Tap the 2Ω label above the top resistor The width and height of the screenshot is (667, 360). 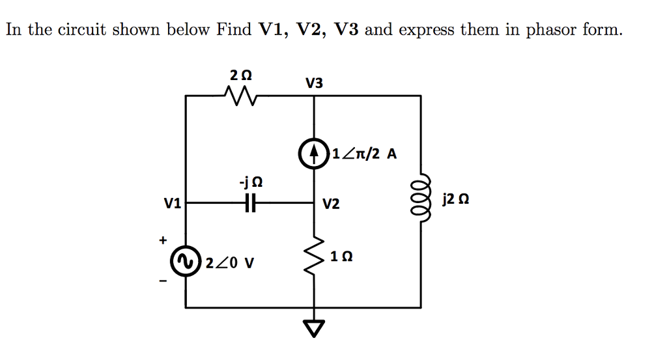click(x=240, y=75)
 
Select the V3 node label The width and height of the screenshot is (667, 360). click(x=314, y=83)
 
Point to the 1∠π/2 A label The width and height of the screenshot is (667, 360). click(x=363, y=154)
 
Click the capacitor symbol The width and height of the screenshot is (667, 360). click(x=251, y=204)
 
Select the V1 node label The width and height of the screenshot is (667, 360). click(x=172, y=204)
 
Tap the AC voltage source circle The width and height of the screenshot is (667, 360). click(x=186, y=262)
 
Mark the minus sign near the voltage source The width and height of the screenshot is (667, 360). click(x=163, y=281)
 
